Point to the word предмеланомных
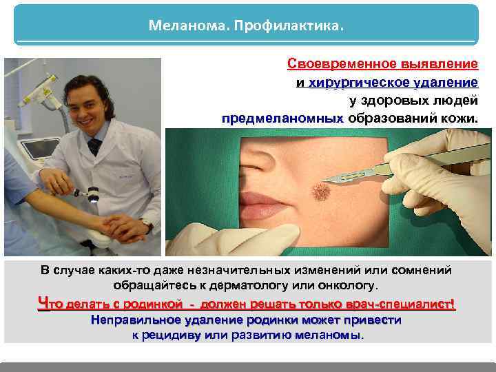[282, 118]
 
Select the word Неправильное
[134, 320]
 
